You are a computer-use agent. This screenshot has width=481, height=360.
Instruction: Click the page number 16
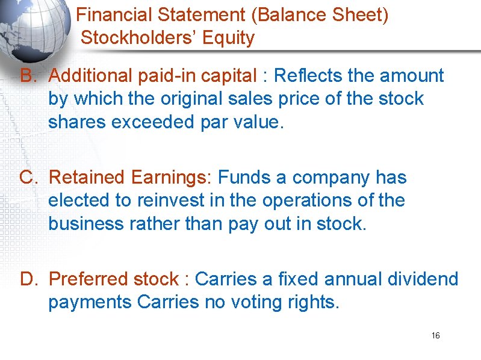(x=436, y=335)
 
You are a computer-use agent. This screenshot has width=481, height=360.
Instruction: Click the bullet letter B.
(x=28, y=76)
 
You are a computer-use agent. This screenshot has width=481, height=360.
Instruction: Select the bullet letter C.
(x=28, y=178)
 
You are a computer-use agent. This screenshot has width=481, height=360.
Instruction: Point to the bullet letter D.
(x=28, y=279)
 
